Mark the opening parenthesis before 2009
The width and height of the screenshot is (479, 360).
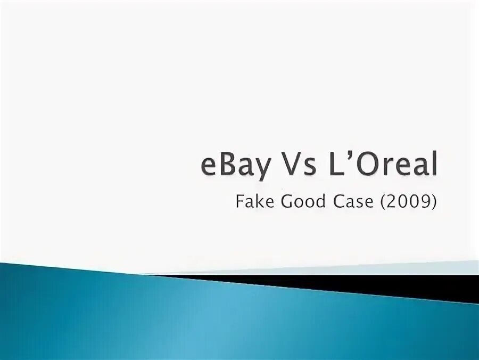[383, 203]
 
